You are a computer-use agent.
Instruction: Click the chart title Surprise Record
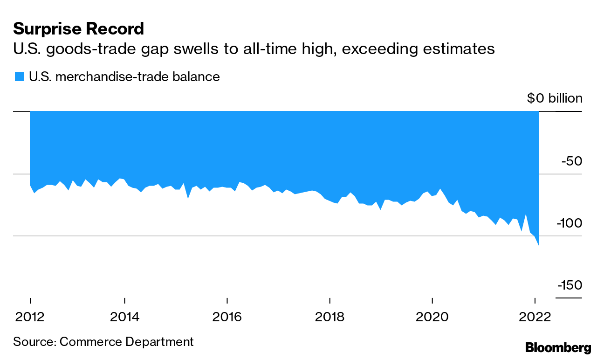[78, 29]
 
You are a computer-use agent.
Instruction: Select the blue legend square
[19, 76]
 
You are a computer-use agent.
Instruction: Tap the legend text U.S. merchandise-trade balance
[124, 76]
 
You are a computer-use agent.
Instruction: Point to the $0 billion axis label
[555, 98]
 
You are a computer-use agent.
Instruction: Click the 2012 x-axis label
[30, 317]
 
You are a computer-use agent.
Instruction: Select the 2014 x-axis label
[124, 317]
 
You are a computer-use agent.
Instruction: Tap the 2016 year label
[227, 317]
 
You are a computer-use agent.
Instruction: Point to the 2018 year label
[329, 317]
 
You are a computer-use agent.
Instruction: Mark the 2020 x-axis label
[432, 317]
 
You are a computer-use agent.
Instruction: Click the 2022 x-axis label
[535, 317]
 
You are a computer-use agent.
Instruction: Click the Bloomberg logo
[558, 347]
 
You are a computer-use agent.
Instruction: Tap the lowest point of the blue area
[538, 244]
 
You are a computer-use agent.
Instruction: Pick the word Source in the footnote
[34, 341]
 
